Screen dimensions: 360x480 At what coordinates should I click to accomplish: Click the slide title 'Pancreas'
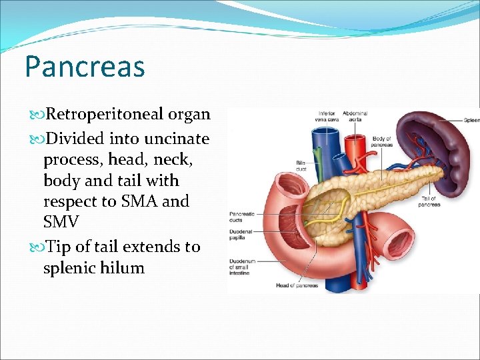point(84,67)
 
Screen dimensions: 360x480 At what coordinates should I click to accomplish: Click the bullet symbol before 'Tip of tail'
point(35,247)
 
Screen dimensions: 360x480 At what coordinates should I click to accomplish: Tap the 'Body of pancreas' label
point(382,142)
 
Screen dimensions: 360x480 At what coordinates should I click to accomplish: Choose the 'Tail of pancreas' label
point(429,201)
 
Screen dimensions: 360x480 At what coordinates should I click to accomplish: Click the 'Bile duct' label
point(302,165)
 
